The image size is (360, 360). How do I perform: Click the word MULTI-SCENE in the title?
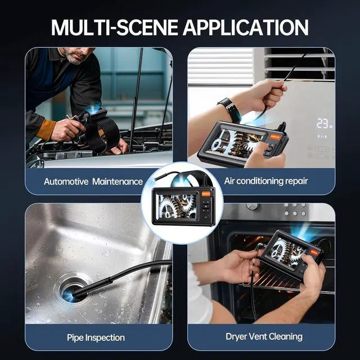click(x=113, y=26)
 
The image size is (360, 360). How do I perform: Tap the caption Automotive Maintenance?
click(x=93, y=181)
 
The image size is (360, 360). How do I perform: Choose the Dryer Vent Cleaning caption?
click(x=264, y=337)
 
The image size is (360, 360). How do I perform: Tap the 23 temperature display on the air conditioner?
click(x=323, y=123)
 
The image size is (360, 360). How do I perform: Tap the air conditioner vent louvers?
click(x=298, y=62)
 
